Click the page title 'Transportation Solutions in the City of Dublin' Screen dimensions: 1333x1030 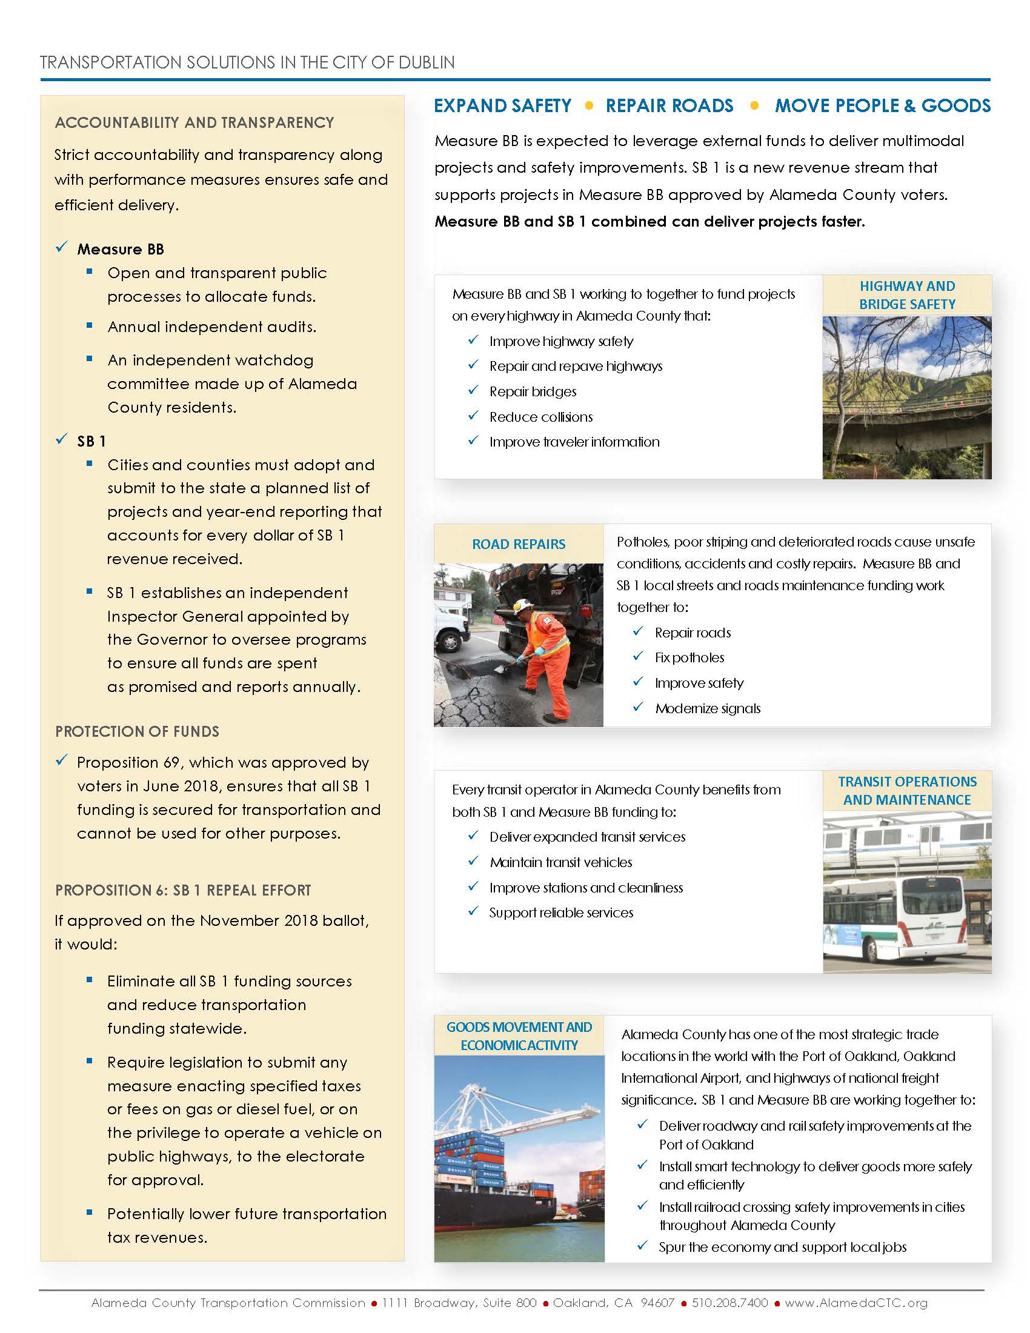247,62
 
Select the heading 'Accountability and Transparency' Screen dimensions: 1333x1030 194,122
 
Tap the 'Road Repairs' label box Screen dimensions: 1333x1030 519,544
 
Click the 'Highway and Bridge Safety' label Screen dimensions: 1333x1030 907,295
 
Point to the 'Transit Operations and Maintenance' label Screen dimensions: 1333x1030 907,790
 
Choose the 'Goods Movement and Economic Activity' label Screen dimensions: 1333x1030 519,1035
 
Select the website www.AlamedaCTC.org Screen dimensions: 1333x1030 856,1303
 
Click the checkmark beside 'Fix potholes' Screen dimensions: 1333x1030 638,656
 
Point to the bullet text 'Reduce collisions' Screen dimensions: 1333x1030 540,417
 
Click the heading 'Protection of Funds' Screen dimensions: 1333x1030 138,731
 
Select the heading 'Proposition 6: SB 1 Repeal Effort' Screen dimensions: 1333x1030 183,890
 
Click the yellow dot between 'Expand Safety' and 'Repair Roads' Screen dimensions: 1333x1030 589,105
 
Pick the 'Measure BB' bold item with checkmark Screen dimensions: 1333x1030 120,249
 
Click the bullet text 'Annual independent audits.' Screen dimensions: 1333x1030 211,327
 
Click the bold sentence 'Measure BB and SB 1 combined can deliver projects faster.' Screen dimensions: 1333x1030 650,222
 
